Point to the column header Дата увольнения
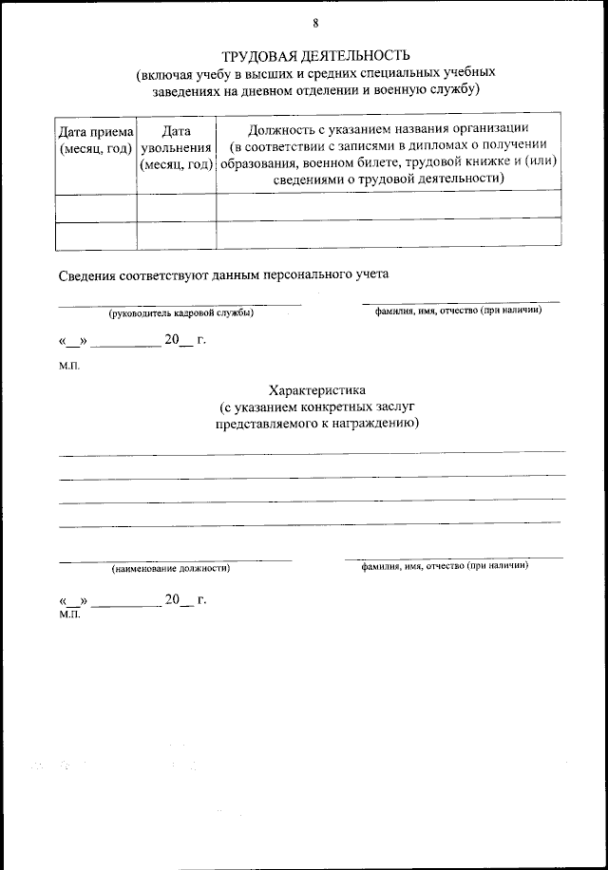coord(176,147)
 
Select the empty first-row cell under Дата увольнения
coord(176,206)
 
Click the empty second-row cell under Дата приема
coord(96,236)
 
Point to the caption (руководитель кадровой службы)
coord(180,312)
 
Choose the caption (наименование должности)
coord(170,568)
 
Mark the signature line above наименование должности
coord(175,559)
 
